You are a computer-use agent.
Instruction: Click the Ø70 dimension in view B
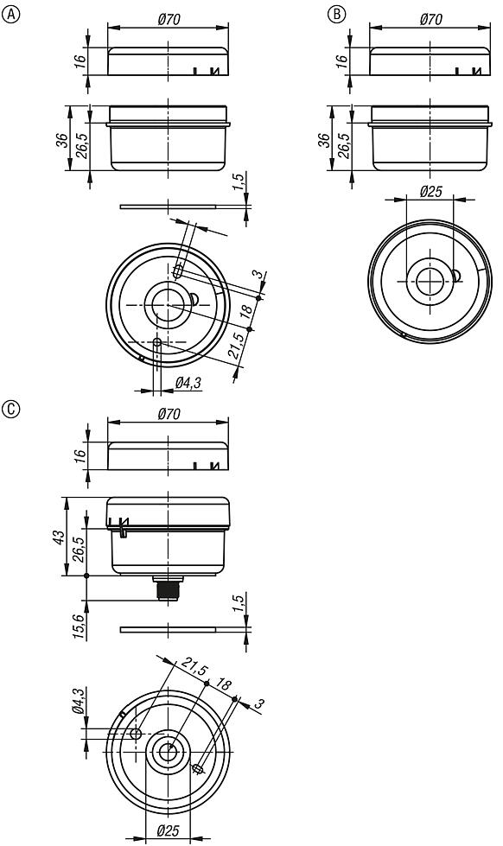click(431, 18)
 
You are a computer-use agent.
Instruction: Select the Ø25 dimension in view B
click(430, 192)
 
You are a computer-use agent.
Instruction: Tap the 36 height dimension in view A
click(60, 140)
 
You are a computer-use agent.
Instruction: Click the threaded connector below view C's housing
click(168, 591)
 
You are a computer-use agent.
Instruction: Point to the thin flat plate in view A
click(169, 207)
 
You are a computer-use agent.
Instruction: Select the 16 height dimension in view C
click(79, 455)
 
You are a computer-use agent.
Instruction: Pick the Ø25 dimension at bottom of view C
click(169, 830)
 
